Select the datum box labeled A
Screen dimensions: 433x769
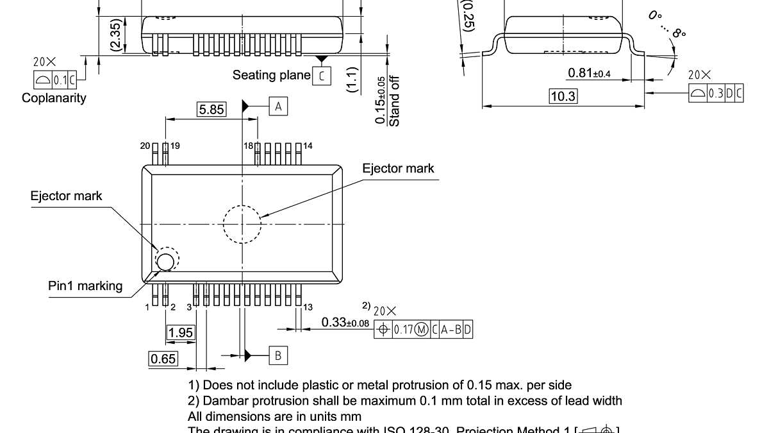pyautogui.click(x=278, y=106)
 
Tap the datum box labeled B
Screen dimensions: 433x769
pyautogui.click(x=278, y=355)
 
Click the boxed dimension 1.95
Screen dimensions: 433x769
pyautogui.click(x=180, y=332)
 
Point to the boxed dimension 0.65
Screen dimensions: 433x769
pyautogui.click(x=163, y=359)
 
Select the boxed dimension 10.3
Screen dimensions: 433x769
pyautogui.click(x=563, y=97)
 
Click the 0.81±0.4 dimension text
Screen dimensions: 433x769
pyautogui.click(x=589, y=73)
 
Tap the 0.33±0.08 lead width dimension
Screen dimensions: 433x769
pyautogui.click(x=345, y=322)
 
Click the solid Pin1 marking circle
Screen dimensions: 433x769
pyautogui.click(x=165, y=261)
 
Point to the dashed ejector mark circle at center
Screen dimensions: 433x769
pyautogui.click(x=242, y=224)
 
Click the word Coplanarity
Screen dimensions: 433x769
pyautogui.click(x=54, y=98)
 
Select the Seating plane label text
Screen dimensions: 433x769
pyautogui.click(x=271, y=75)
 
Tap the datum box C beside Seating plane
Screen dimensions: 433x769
pyautogui.click(x=322, y=76)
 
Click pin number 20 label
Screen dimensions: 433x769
pyautogui.click(x=145, y=146)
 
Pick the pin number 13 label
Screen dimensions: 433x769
pyautogui.click(x=308, y=307)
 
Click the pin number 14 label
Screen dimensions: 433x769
pyautogui.click(x=308, y=146)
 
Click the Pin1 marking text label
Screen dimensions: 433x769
pyautogui.click(x=85, y=286)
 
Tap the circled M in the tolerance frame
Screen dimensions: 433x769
pyautogui.click(x=421, y=330)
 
